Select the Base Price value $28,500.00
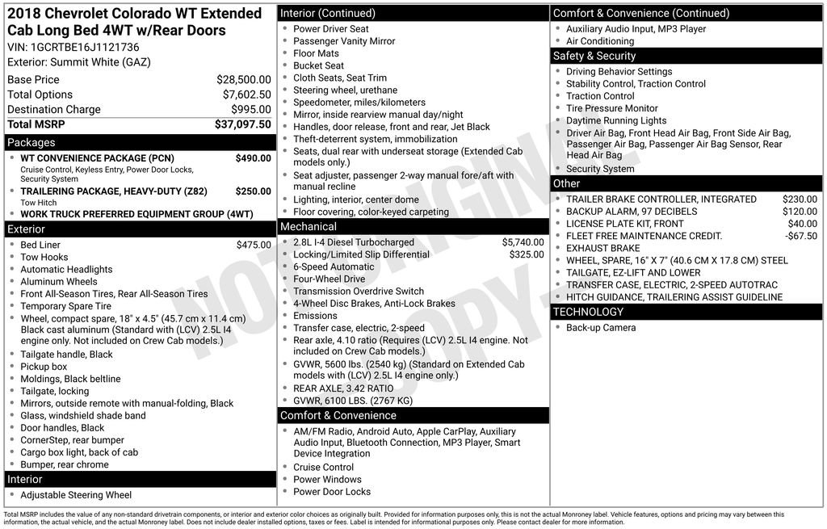point(243,80)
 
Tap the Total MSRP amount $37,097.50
point(242,124)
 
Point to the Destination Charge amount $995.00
point(250,110)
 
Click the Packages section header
point(31,143)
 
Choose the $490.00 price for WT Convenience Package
point(253,158)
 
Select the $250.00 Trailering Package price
point(253,191)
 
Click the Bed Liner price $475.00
point(254,245)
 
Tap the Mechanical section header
point(309,227)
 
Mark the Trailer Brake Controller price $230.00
point(800,199)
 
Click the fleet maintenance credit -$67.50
point(801,236)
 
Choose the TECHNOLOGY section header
point(588,312)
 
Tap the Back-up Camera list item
point(601,328)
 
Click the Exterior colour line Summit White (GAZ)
point(79,62)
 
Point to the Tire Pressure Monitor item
point(611,108)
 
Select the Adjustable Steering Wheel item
point(76,495)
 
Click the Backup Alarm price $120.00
point(800,212)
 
